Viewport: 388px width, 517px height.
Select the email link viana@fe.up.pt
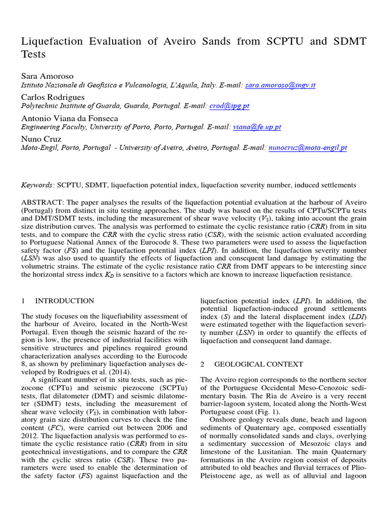[257, 127]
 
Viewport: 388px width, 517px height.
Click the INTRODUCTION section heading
[64, 301]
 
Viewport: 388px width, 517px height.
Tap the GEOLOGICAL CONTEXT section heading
[259, 364]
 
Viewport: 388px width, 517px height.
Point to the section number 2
[203, 364]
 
